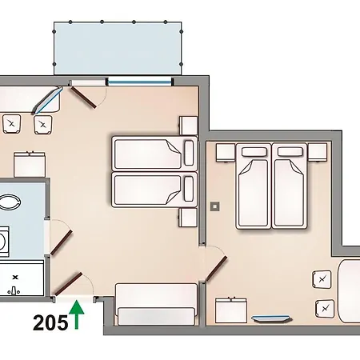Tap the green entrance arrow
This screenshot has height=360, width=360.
pyautogui.click(x=76, y=314)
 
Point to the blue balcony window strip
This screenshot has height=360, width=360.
pyautogui.click(x=140, y=80)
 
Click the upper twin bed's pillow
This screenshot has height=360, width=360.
pyautogui.click(x=189, y=150)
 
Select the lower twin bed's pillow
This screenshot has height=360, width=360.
pyautogui.click(x=189, y=189)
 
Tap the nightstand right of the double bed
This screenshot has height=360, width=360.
pyautogui.click(x=318, y=150)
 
